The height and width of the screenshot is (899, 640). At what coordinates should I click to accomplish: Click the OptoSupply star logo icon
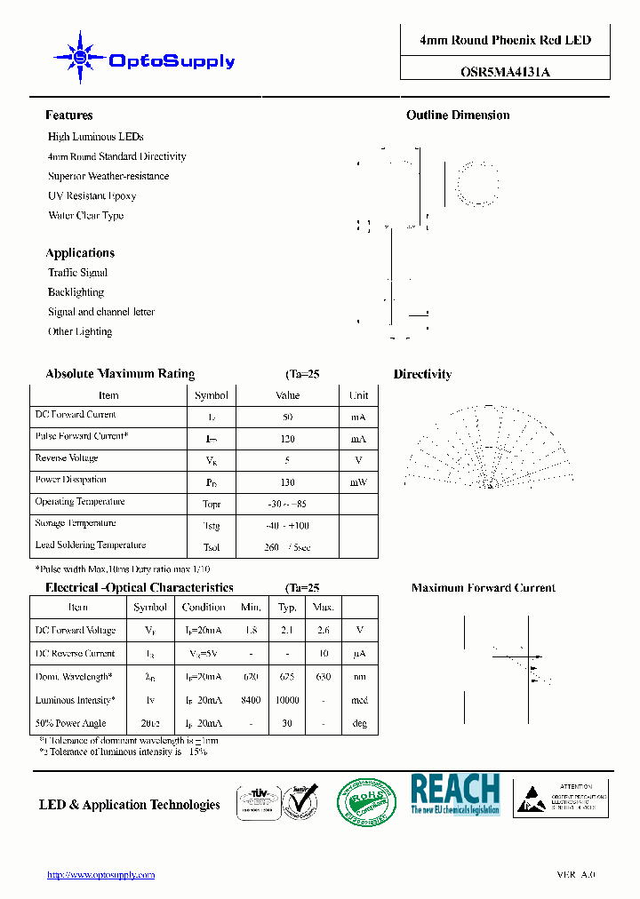(80, 58)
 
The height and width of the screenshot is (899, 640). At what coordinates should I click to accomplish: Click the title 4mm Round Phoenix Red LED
(505, 40)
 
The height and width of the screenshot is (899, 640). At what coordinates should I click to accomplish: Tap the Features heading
(69, 115)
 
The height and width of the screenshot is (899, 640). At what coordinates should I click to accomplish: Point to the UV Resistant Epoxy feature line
(92, 196)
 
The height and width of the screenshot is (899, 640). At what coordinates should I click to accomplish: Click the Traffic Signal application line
(77, 273)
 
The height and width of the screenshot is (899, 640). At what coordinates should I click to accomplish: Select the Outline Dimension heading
(458, 115)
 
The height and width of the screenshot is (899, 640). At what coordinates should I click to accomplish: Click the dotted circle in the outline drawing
(477, 184)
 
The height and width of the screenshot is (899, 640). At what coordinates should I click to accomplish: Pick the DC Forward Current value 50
(288, 417)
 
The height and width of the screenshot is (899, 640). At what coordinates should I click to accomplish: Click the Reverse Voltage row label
(67, 458)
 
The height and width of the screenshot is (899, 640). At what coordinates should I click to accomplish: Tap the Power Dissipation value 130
(288, 482)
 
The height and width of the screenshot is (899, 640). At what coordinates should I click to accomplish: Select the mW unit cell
(358, 482)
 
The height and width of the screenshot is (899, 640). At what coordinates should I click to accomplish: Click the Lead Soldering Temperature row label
(91, 545)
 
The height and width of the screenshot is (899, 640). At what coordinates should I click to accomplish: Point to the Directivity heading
(422, 375)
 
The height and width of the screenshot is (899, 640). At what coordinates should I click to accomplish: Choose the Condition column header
(204, 608)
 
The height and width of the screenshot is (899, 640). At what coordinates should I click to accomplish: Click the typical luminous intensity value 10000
(287, 701)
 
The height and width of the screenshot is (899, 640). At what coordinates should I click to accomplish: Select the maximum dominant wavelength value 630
(323, 677)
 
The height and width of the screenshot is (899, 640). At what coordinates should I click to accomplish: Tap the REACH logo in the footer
(455, 794)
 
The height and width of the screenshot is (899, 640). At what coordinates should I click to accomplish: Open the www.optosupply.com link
(100, 875)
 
